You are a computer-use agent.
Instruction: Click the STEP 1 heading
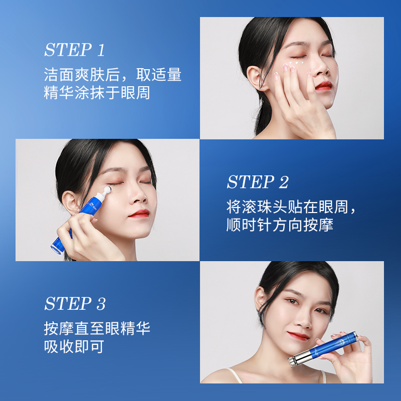click(74, 50)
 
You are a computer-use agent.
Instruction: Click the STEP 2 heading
click(258, 182)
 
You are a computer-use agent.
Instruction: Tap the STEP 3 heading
click(75, 304)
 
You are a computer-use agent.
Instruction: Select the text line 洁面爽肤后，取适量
click(112, 75)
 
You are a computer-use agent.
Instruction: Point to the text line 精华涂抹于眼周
click(97, 93)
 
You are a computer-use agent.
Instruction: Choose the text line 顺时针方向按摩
click(279, 225)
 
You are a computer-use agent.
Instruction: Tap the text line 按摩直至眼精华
click(97, 329)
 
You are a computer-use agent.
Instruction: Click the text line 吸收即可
click(74, 347)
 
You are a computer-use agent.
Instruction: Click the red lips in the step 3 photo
click(299, 335)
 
